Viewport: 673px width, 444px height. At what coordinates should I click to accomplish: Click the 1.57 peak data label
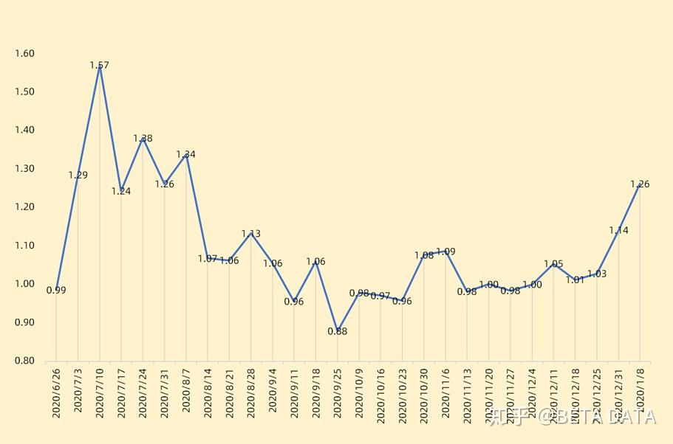(99, 66)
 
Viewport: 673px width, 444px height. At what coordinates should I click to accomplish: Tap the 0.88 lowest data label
(337, 331)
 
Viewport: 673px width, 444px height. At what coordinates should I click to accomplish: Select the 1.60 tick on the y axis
(24, 53)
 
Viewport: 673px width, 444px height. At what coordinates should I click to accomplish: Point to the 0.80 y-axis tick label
(24, 361)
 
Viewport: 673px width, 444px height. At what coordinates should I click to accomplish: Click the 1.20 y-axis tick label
(24, 207)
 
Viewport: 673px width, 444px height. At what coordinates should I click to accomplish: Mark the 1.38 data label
(143, 139)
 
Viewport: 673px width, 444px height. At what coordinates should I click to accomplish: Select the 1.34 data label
(185, 155)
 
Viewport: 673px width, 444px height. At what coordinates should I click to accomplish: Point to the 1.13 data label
(250, 234)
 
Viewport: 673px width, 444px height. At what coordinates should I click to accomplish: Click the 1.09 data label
(445, 252)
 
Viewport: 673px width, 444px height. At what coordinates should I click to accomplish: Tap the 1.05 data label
(553, 264)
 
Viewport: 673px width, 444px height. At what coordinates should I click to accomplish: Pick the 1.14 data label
(618, 231)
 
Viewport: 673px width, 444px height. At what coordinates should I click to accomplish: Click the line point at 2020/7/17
(121, 190)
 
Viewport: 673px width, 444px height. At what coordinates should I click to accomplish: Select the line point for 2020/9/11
(294, 299)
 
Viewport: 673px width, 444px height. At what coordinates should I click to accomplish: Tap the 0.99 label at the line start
(56, 291)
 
